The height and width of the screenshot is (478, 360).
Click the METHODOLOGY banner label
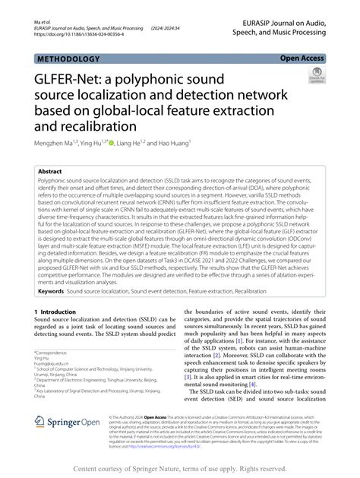(67, 59)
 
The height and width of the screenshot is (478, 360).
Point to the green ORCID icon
(112, 142)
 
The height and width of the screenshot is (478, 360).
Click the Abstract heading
(50, 173)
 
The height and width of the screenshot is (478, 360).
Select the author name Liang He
(134, 142)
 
